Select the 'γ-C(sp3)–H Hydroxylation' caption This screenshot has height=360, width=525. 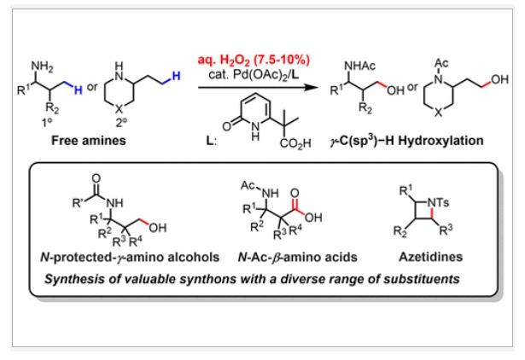point(400,140)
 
